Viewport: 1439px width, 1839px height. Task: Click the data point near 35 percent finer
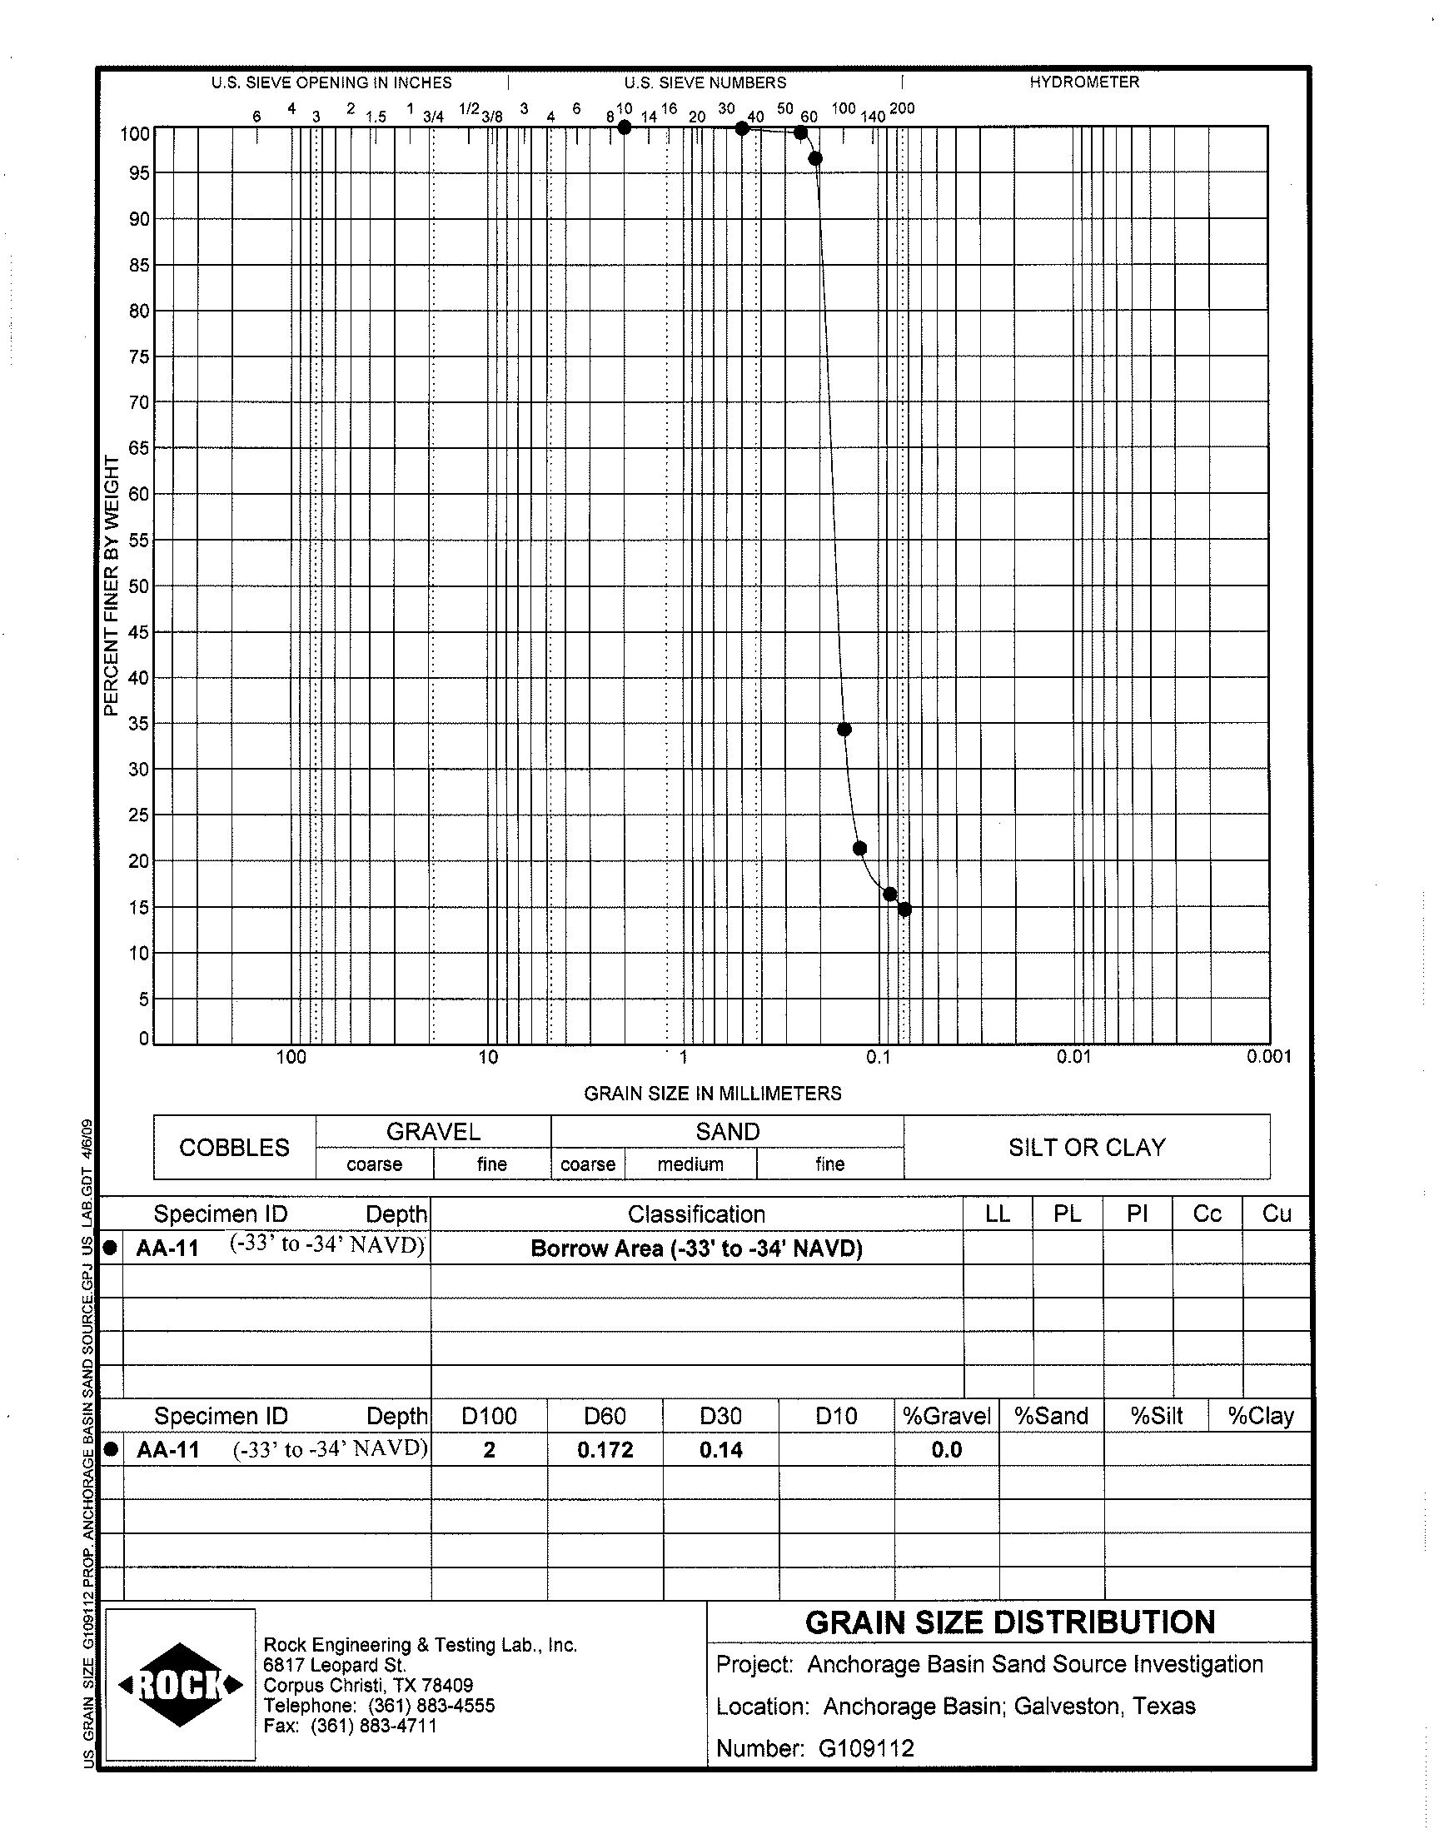coord(844,730)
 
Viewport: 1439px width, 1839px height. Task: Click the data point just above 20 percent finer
coord(859,849)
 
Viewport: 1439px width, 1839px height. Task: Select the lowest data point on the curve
coord(905,910)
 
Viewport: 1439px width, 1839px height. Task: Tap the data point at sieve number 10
coord(625,127)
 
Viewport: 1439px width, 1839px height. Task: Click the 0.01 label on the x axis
coord(1073,1056)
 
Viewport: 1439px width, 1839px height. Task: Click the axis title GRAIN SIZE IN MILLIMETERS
coord(713,1094)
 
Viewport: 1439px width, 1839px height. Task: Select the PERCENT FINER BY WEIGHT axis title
coord(112,586)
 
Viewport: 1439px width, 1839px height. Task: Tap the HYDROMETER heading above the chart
coord(1084,82)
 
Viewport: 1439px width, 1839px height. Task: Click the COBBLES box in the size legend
coord(234,1148)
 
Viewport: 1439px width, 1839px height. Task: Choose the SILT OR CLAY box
coord(1087,1148)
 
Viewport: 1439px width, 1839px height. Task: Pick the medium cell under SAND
coord(691,1164)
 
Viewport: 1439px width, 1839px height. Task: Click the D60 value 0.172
coord(605,1450)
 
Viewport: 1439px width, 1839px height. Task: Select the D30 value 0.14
coord(720,1450)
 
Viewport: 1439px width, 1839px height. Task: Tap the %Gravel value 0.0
coord(946,1450)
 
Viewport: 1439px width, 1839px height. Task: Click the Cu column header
coord(1277,1214)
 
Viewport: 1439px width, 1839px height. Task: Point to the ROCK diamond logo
coord(182,1685)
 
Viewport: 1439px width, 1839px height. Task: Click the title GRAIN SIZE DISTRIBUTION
coord(1010,1622)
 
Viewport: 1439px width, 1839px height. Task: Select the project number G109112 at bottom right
coord(866,1748)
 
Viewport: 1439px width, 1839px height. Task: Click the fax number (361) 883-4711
coord(373,1725)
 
